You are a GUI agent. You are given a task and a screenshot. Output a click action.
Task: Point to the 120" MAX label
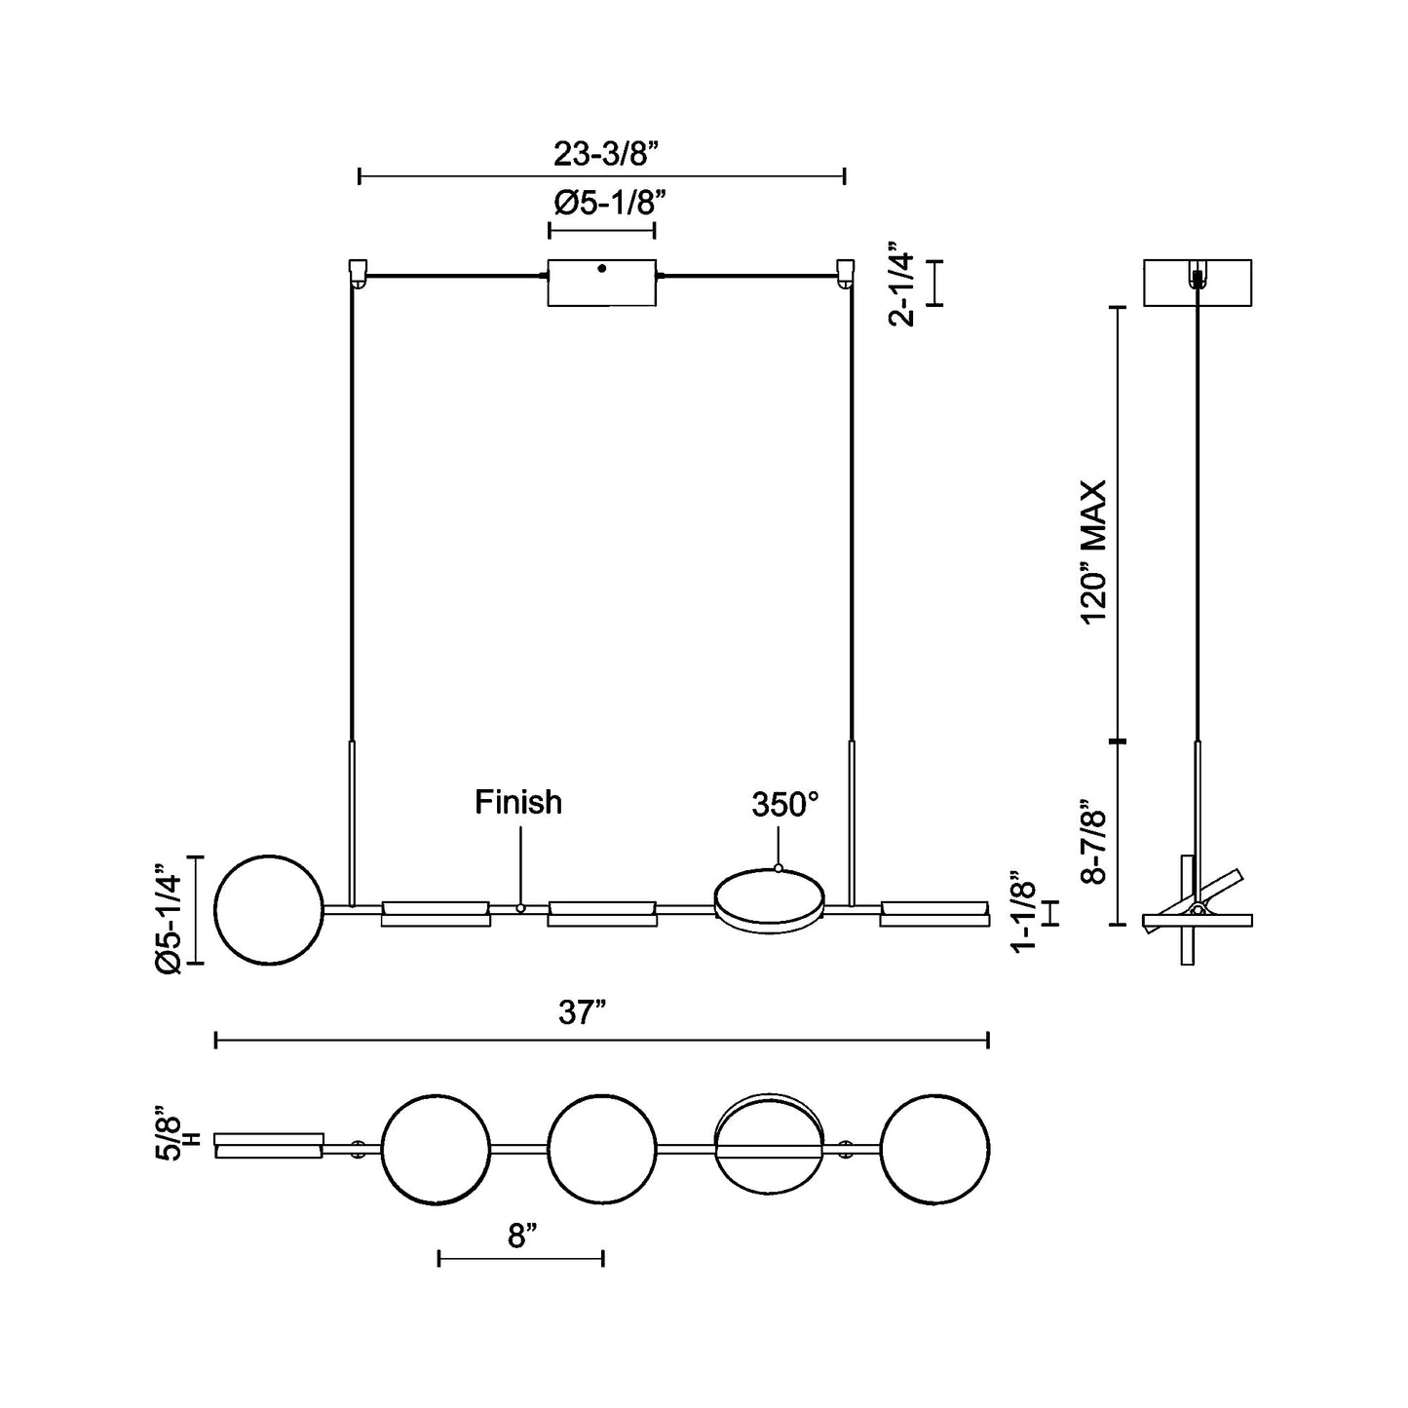(1095, 552)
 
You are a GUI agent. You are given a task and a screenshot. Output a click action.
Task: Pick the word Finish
(518, 802)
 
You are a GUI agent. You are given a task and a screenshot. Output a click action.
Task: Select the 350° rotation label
(784, 805)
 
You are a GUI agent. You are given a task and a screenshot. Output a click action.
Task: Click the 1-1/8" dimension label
(1023, 911)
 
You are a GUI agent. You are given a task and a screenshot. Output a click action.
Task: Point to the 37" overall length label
(584, 1013)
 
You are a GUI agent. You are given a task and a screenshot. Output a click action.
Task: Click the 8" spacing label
(523, 1237)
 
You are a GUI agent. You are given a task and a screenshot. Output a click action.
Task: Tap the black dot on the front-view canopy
(602, 268)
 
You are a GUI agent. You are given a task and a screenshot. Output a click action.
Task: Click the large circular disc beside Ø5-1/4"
(269, 910)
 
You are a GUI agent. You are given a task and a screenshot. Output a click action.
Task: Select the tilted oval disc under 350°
(770, 897)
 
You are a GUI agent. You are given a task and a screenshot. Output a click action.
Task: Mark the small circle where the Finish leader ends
(520, 908)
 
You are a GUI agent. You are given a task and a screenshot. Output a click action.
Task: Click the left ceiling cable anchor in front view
(358, 271)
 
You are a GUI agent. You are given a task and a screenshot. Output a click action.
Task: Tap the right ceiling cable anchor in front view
(845, 271)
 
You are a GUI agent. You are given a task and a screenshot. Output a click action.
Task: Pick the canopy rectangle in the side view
(1197, 282)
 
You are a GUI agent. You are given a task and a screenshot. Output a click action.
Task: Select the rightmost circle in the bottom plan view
(935, 1149)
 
